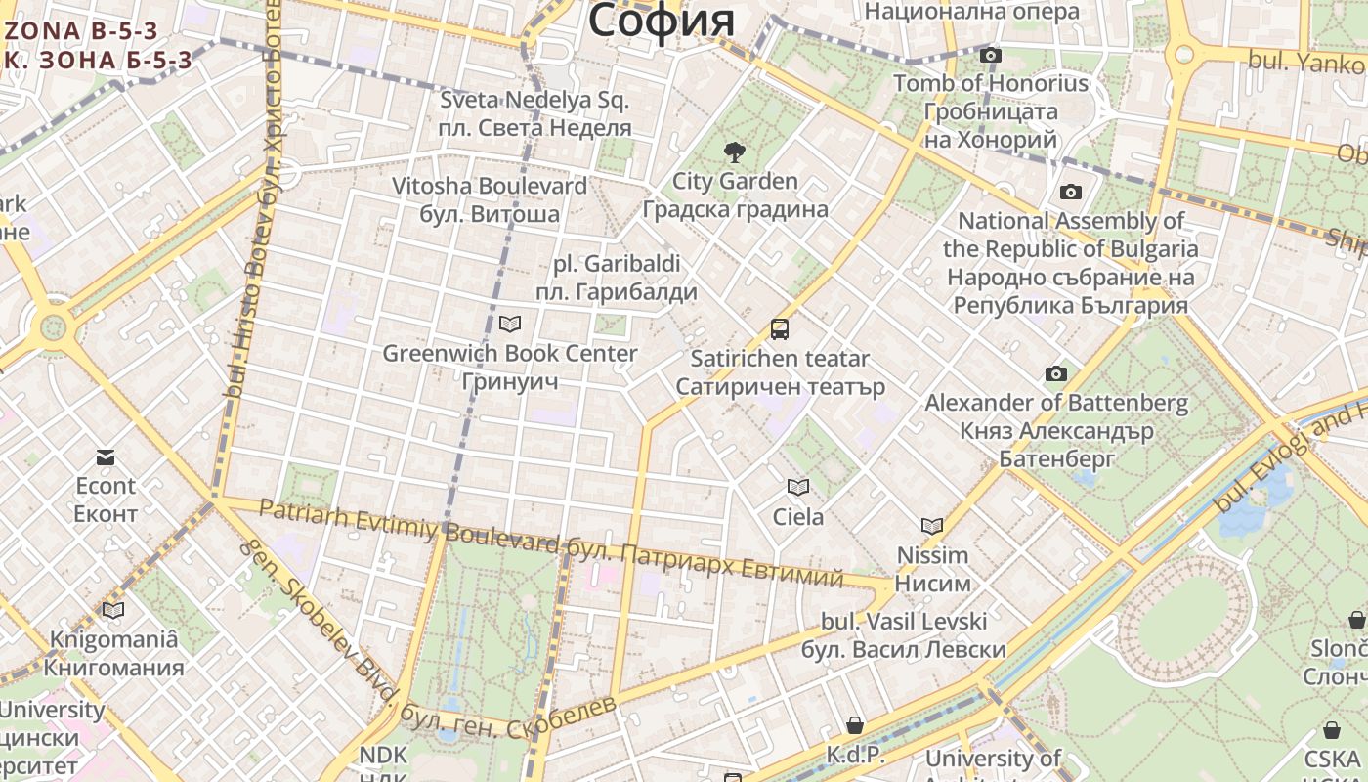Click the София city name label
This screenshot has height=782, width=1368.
661,20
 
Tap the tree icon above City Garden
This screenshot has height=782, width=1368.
734,152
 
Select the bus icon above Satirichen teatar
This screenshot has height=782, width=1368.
780,329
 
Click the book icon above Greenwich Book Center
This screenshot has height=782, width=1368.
509,324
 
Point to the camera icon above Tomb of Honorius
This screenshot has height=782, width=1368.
991,55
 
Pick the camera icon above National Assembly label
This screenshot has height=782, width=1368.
1071,192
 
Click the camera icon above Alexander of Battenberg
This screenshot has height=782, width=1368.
1056,373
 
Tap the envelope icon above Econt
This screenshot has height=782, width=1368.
106,456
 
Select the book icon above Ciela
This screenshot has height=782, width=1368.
798,487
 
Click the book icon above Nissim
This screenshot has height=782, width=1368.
932,526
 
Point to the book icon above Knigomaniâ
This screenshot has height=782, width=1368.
113,611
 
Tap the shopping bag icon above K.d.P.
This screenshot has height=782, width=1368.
855,724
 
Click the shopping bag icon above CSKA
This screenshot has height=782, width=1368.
1331,729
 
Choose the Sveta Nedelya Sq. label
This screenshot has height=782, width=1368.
534,100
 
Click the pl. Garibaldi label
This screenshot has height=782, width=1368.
617,264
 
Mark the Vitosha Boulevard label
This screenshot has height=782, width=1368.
490,186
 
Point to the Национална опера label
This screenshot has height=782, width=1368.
972,12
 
